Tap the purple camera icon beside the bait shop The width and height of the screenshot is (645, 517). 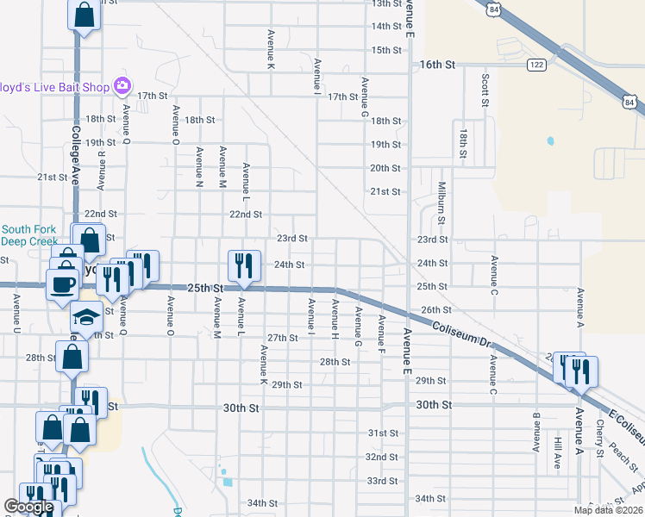click(122, 85)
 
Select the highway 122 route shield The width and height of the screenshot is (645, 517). click(536, 65)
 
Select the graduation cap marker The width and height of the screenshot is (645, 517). click(86, 317)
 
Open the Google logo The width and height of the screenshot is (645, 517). click(28, 508)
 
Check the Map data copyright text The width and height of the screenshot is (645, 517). click(608, 510)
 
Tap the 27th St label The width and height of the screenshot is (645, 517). click(282, 337)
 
